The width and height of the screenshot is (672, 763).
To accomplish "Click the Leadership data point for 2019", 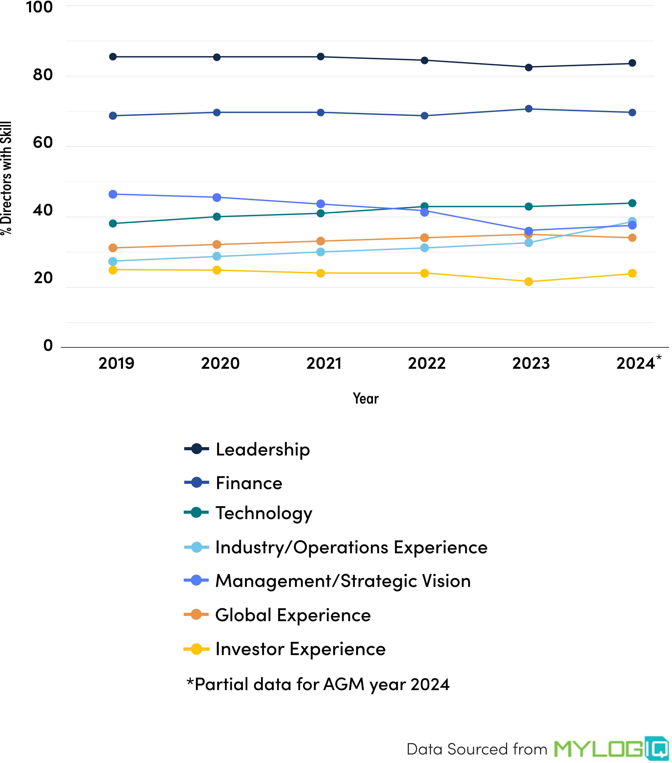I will tap(113, 57).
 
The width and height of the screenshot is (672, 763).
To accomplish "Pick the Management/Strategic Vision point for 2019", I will tap(113, 194).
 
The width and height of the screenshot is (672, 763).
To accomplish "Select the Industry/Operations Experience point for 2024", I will tap(632, 221).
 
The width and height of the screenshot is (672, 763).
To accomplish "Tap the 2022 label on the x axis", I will tap(426, 363).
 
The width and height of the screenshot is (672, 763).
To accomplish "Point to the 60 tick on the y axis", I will tap(43, 143).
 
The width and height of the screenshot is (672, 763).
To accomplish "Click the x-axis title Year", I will tap(366, 398).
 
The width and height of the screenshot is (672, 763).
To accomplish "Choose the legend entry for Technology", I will tap(263, 513).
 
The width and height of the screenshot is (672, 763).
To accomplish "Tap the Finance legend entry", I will tap(249, 483).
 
